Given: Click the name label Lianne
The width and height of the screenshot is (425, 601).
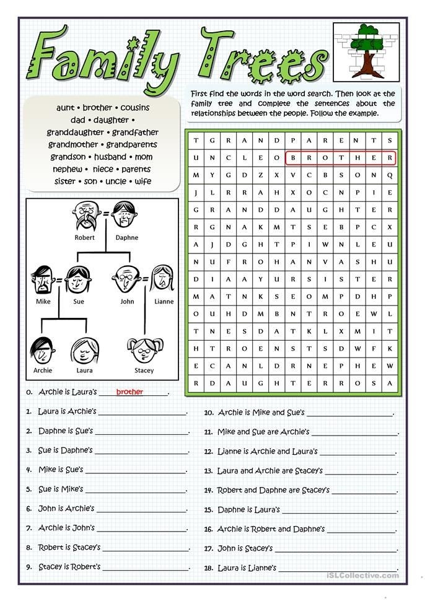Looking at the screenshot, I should point(164,302).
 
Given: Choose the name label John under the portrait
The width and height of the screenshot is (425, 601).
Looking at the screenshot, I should point(127,302).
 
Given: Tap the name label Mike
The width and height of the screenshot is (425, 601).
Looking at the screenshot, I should point(43,302).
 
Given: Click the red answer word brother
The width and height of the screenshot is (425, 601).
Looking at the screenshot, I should point(129,392).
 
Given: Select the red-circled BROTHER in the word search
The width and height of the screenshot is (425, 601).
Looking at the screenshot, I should point(340,158).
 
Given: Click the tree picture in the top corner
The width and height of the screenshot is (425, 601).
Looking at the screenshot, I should point(366,53).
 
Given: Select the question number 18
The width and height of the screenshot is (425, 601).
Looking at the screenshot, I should point(208,568).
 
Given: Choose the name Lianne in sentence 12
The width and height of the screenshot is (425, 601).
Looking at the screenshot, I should point(229,452).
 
